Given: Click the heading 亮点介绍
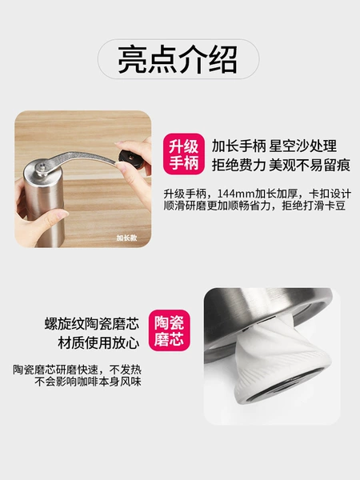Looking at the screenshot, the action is tap(178, 59).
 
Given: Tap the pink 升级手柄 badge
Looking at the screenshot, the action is tap(184, 154).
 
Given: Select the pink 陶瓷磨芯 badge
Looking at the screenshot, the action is tap(170, 330).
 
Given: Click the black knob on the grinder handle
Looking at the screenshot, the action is tap(130, 158).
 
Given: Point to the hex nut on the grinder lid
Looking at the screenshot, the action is tap(41, 168).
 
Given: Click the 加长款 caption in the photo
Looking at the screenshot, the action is tap(126, 238).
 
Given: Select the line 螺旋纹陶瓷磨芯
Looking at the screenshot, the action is tap(92, 323).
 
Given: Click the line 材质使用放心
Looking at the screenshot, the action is tap(98, 343).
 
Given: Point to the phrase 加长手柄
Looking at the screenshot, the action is tap(238, 146).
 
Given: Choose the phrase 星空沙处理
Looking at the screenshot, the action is tap(303, 146).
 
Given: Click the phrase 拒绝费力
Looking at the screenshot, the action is tap(238, 166).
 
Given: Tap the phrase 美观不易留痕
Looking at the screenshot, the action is tap(310, 166).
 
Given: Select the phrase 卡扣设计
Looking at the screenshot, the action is tap(330, 194).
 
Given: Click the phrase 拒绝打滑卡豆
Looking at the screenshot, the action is tap(314, 206).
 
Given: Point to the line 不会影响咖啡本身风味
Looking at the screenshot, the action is tap(88, 382).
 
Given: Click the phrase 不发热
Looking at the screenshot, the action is tap(126, 370).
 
